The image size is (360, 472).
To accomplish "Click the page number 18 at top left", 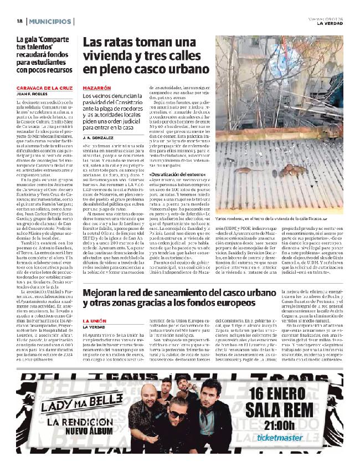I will click(19, 22).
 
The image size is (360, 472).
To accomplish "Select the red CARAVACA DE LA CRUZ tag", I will click(45, 88).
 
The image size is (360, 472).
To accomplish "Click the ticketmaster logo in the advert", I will click(280, 437).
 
